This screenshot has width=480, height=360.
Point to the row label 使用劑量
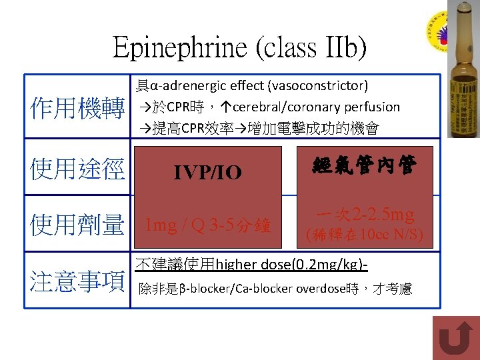coord(77,225)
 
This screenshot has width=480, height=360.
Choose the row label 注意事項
coord(77,281)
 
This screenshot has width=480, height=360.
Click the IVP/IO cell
coord(208,173)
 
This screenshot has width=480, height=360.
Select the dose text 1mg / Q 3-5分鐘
coord(208,225)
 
